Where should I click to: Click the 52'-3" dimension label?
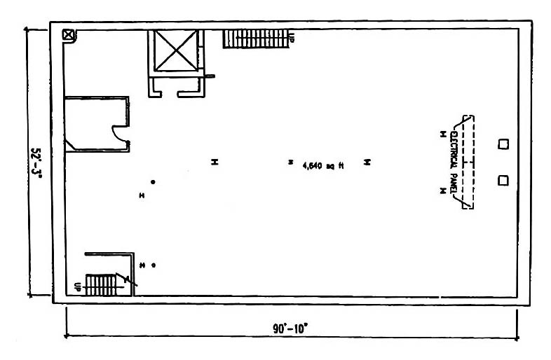point(36,163)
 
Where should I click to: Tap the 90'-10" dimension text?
point(290,328)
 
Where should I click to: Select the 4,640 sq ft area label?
point(323,165)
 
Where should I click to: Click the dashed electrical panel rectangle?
point(468,162)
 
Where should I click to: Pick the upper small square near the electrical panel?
point(503,144)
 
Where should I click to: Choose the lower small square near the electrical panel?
point(503,181)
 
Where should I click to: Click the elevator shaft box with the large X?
point(175,50)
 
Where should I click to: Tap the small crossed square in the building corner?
point(69,35)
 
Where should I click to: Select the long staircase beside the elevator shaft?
point(256,39)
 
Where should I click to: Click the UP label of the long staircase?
point(292,37)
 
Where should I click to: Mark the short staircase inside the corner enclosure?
point(101,285)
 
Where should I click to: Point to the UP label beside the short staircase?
point(78,286)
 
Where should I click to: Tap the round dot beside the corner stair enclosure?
point(154,265)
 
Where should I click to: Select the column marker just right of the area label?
point(367,162)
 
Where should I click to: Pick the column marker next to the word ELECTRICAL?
point(443,134)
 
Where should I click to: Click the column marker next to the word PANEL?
point(443,191)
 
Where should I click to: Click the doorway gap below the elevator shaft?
point(170,94)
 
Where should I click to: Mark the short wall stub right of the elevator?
point(210,76)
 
